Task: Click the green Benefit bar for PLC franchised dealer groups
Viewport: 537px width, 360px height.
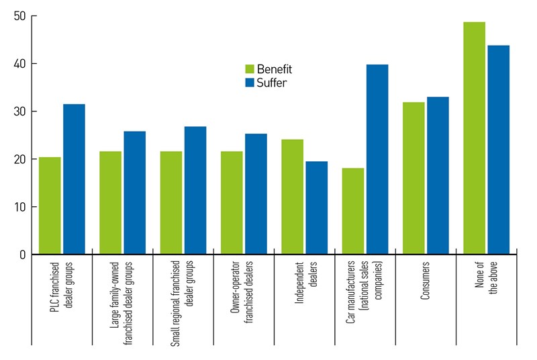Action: click(x=50, y=206)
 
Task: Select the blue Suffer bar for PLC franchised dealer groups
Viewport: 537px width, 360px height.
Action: click(x=74, y=179)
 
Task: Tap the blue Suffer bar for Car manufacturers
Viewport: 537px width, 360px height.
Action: click(x=377, y=159)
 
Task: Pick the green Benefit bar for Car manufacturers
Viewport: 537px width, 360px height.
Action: click(x=352, y=211)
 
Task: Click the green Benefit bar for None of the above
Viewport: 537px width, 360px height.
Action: click(x=474, y=138)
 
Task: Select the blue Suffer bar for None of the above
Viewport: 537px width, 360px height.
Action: click(x=498, y=150)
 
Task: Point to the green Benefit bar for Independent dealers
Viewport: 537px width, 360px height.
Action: click(x=292, y=197)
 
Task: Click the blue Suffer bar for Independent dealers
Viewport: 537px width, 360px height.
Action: click(x=316, y=208)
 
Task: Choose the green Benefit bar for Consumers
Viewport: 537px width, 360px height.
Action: click(x=413, y=178)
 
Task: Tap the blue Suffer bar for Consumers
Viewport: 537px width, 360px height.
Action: click(x=438, y=175)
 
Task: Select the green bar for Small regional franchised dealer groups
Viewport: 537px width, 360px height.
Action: click(x=171, y=203)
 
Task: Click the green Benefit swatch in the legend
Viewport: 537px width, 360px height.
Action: click(x=249, y=69)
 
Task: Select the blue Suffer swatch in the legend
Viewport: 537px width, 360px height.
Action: click(x=249, y=83)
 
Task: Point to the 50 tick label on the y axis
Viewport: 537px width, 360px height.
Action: click(x=19, y=16)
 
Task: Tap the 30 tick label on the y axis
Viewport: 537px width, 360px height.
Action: click(x=19, y=111)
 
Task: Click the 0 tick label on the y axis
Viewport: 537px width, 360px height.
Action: click(x=22, y=255)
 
